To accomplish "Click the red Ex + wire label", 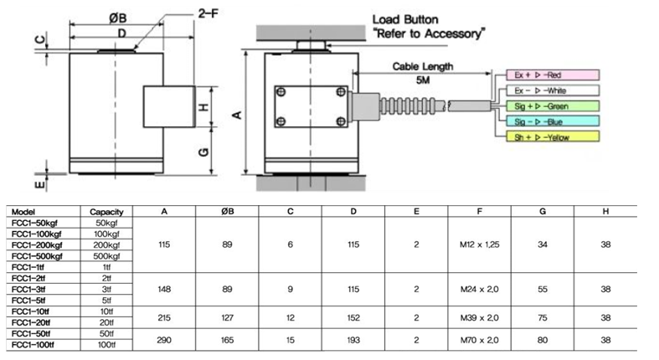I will [545, 75].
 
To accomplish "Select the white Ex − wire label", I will [545, 90].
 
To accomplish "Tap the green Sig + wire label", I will [545, 105].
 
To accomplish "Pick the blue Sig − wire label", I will [545, 121].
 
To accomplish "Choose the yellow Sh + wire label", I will [545, 136].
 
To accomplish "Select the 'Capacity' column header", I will [107, 212].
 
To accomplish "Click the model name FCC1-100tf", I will [34, 344].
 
